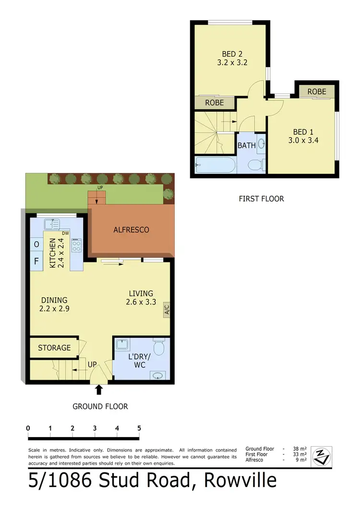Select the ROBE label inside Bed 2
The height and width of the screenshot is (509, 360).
click(x=215, y=103)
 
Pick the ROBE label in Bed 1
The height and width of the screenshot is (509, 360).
click(x=317, y=91)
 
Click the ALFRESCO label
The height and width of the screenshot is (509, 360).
click(x=132, y=230)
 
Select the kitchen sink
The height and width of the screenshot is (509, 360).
click(x=51, y=224)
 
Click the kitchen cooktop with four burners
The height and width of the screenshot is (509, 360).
click(x=76, y=246)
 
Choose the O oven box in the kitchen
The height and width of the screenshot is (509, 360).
click(x=36, y=245)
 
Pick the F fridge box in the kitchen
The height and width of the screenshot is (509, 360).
click(x=36, y=262)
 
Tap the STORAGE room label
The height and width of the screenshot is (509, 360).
click(x=54, y=348)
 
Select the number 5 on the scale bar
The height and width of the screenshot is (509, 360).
click(x=139, y=428)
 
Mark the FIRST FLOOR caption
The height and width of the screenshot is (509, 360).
click(x=262, y=198)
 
